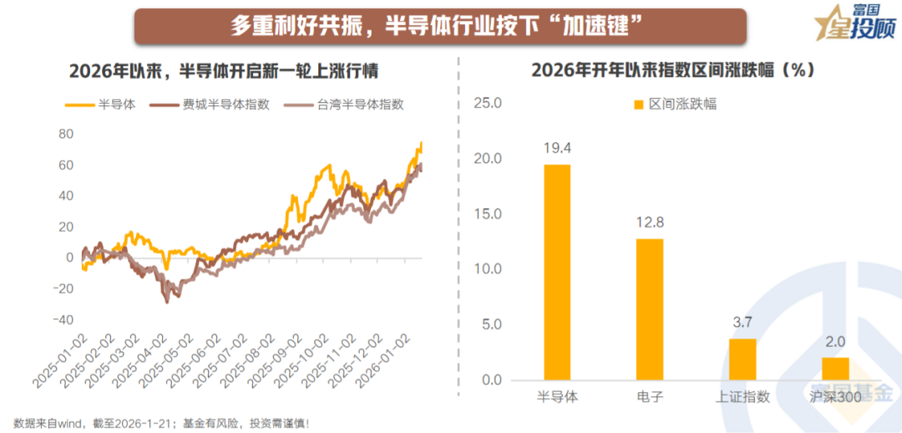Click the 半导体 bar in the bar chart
(558, 272)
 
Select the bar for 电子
(650, 309)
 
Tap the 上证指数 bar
(742, 359)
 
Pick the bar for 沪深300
(835, 369)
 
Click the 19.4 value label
(558, 148)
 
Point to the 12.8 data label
(650, 222)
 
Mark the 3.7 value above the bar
(742, 323)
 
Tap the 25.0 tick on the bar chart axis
(487, 104)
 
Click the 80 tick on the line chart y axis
(66, 134)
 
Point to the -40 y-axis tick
(63, 320)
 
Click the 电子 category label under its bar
(650, 396)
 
